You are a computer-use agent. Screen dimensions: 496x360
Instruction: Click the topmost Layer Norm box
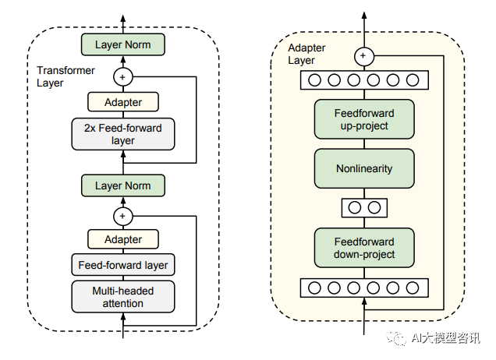(123, 44)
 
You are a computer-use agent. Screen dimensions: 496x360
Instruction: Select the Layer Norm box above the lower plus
(123, 185)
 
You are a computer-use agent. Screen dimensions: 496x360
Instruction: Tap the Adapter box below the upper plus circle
(123, 102)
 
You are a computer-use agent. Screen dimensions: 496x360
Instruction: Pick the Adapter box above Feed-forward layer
(123, 239)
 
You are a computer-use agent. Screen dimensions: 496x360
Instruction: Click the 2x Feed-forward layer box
(123, 134)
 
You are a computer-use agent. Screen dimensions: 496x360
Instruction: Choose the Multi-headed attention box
(123, 297)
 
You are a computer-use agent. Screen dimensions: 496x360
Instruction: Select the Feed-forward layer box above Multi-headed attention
(123, 265)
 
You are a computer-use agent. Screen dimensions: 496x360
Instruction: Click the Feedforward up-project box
(364, 119)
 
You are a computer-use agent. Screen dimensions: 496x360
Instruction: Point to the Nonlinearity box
(364, 168)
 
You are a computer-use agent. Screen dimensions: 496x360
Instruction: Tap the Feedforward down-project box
(364, 248)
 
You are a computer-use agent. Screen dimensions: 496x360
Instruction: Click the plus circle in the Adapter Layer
(364, 56)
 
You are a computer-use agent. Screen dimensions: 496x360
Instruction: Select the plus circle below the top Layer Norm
(123, 77)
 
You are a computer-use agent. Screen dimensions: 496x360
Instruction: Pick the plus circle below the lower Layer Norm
(123, 217)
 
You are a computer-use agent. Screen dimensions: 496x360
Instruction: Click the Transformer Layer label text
(66, 76)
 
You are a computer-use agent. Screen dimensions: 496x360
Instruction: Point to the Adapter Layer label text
(306, 54)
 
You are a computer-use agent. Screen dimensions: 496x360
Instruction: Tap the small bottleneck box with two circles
(364, 207)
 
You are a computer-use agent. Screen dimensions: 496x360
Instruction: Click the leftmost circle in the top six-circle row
(314, 80)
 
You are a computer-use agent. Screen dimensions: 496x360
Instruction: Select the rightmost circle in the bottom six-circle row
(413, 288)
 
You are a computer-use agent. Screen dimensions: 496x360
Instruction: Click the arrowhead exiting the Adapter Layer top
(364, 15)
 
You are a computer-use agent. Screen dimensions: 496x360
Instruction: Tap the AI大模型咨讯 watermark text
(446, 338)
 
